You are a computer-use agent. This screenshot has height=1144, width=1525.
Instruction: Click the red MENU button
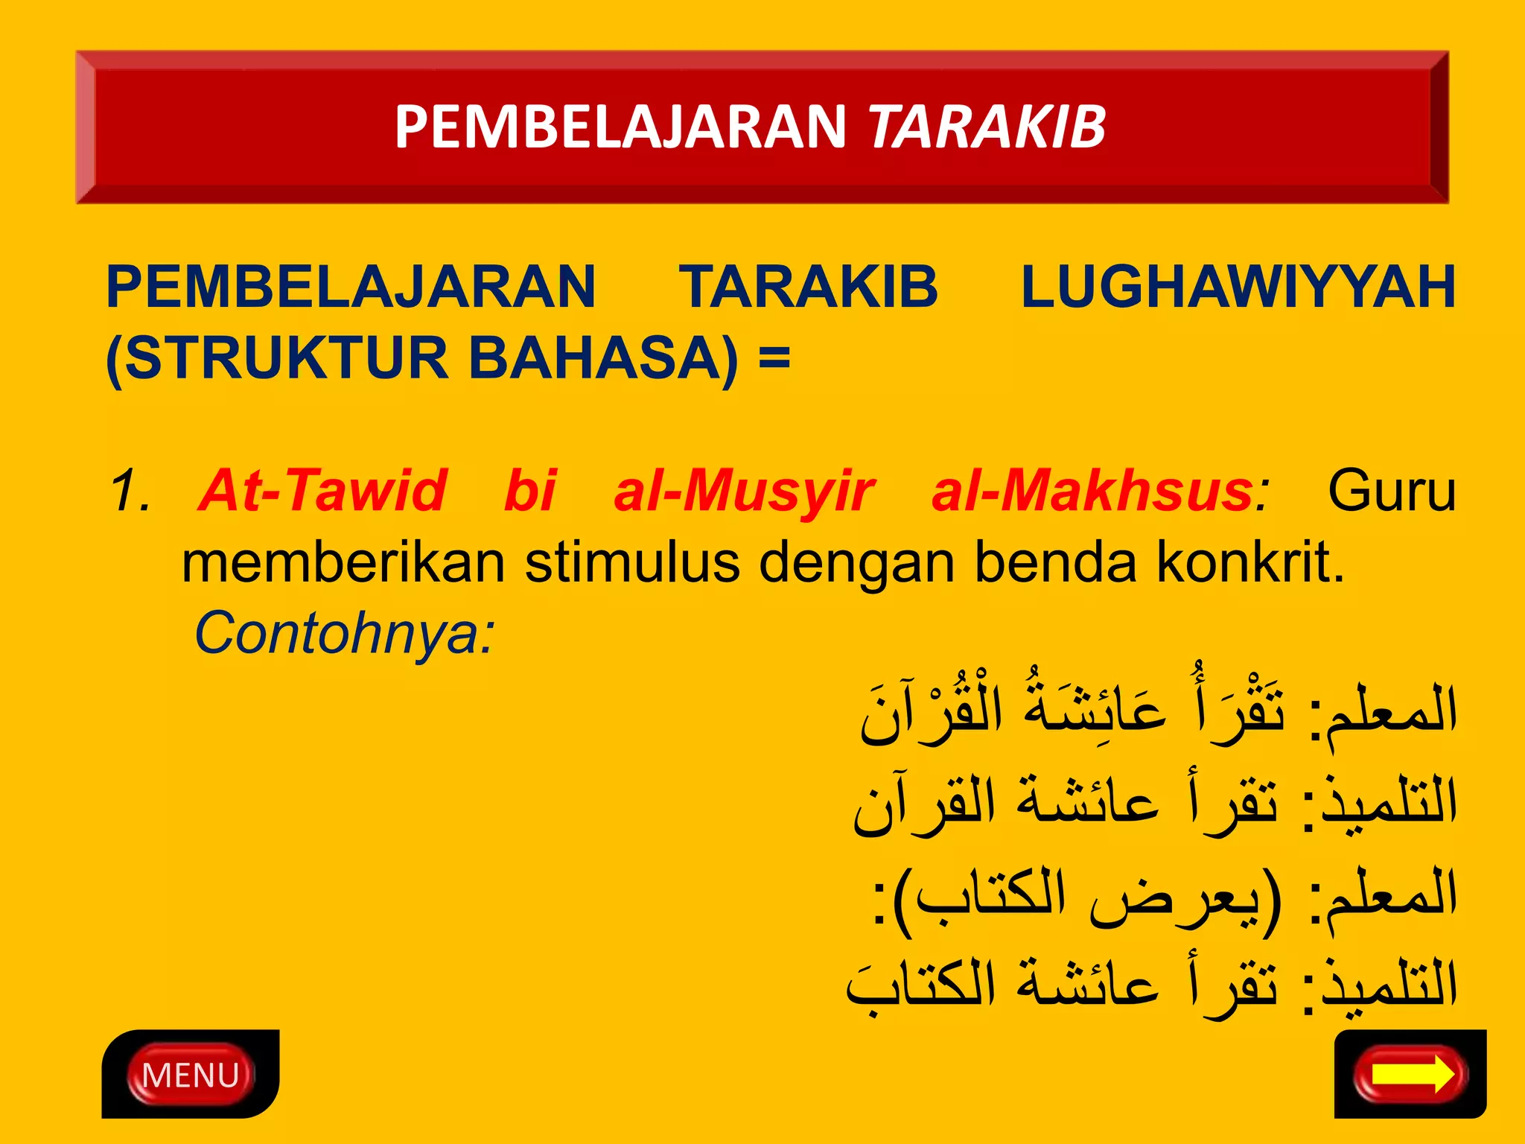click(x=191, y=1075)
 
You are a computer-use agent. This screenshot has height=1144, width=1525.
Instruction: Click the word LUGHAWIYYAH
click(x=1238, y=287)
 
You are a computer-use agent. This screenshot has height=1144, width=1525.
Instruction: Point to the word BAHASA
click(x=603, y=358)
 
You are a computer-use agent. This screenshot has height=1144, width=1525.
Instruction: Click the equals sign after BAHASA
click(x=774, y=358)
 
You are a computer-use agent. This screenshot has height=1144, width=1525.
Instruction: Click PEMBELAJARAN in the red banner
click(x=620, y=127)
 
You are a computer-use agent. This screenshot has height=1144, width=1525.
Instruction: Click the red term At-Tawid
click(x=323, y=492)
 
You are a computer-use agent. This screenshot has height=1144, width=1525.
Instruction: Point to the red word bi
click(x=529, y=492)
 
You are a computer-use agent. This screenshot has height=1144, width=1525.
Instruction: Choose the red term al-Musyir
click(x=743, y=492)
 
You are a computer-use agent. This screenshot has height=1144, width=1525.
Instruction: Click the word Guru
click(x=1391, y=492)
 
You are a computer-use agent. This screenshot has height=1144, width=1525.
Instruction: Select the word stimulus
click(x=632, y=563)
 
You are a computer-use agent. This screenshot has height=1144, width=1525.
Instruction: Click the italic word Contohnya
click(x=344, y=634)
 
